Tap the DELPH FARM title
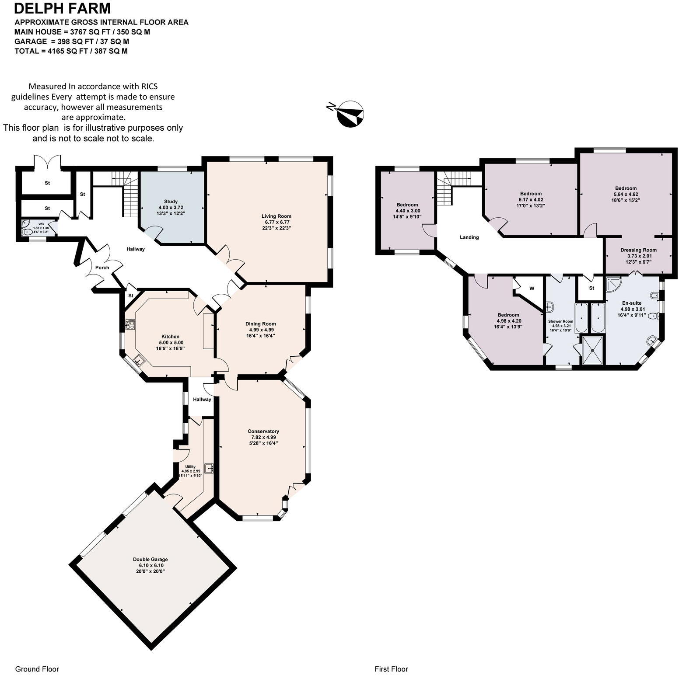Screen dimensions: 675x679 (x=63, y=9)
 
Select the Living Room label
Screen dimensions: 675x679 (x=276, y=216)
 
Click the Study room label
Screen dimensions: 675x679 (x=171, y=202)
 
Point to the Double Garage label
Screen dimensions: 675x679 (x=150, y=559)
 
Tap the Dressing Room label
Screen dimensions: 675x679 (x=638, y=250)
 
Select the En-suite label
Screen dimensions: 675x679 (x=631, y=303)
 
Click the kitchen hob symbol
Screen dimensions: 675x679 (x=130, y=324)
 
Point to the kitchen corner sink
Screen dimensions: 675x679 (x=140, y=361)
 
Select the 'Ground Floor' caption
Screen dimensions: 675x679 (x=37, y=669)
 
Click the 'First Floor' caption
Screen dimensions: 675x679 (x=391, y=669)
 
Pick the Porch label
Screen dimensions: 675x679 (x=102, y=268)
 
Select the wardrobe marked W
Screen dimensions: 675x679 (x=532, y=289)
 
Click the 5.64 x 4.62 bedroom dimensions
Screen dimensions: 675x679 (x=625, y=194)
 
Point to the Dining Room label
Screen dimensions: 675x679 (x=260, y=324)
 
